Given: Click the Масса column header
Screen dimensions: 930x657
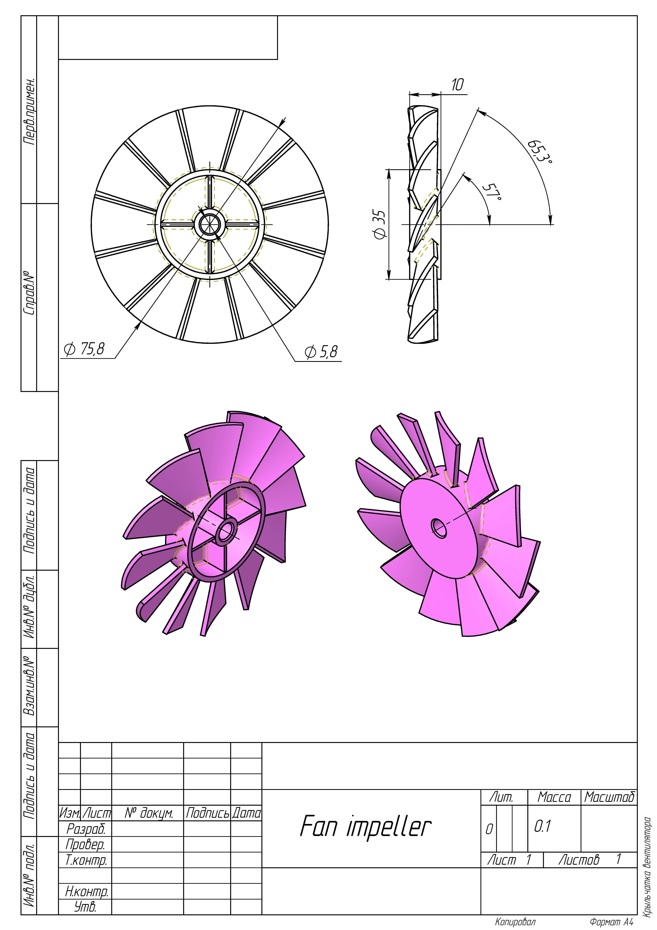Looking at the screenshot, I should (554, 798).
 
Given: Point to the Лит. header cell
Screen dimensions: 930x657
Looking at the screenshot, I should (501, 798).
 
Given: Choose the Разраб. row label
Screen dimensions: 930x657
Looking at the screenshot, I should (86, 829).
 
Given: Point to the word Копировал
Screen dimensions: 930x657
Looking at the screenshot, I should (515, 922).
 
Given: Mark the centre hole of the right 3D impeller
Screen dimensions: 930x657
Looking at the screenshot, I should (438, 527).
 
